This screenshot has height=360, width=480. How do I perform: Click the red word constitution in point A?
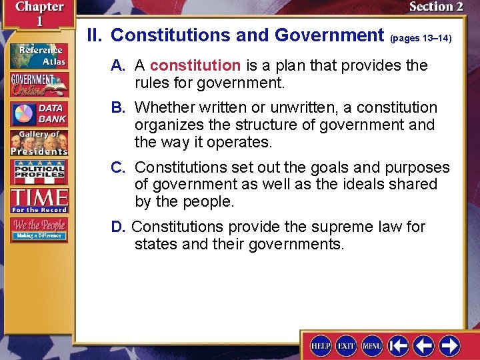click(195, 65)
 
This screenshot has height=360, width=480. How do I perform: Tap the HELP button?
click(321, 345)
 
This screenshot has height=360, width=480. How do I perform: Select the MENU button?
click(372, 345)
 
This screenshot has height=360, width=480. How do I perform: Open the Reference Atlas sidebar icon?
click(38, 55)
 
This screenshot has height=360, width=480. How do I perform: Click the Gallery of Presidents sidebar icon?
click(38, 143)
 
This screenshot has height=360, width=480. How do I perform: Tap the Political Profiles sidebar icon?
click(38, 172)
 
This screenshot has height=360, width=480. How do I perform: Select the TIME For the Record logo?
click(38, 200)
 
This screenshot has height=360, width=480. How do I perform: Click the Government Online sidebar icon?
click(38, 84)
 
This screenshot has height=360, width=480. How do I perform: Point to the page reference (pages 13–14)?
click(421, 38)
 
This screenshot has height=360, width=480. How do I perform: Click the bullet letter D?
click(117, 227)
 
